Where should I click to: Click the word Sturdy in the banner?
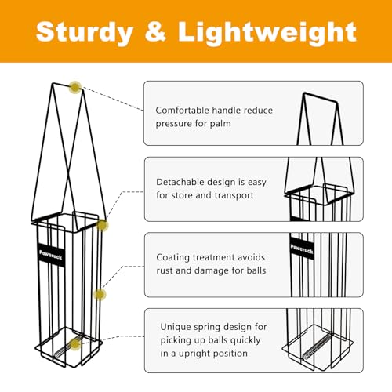(85, 32)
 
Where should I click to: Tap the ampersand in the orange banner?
(155, 31)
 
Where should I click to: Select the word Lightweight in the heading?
(267, 32)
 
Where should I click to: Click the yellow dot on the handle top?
(75, 87)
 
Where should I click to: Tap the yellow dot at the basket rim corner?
(102, 225)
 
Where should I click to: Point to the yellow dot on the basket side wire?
(100, 295)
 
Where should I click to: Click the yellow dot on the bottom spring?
(75, 344)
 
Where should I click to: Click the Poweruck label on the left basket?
(51, 255)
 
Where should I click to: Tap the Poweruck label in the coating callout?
(302, 249)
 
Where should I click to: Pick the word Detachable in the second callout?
(181, 182)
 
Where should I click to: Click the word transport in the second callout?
(234, 195)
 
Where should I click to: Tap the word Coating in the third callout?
(173, 258)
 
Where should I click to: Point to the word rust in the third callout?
(165, 270)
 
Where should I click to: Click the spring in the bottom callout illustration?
(316, 347)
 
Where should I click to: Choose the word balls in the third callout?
(256, 270)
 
